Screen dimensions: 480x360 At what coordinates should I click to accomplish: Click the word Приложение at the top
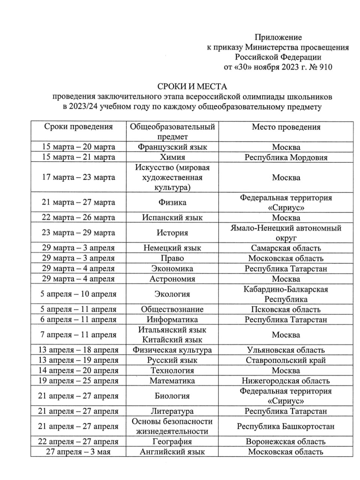pos(278,37)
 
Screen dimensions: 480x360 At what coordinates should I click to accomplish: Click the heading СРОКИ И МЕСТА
pos(192,87)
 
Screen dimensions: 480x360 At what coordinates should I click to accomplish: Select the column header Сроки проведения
pos(78,127)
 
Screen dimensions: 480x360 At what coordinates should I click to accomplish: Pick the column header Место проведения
pos(286,127)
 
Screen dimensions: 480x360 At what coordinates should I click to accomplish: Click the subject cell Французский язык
pos(172,147)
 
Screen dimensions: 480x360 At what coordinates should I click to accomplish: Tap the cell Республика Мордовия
pos(286,157)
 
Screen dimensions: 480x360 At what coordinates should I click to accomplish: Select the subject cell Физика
pos(172,202)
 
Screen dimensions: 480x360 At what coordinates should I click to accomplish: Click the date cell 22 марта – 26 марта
pos(78,217)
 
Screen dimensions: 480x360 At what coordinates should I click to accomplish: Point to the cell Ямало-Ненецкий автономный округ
pos(286,233)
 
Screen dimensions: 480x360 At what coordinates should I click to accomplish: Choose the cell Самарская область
pos(286,248)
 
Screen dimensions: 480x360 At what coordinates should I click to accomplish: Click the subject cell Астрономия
pos(172,279)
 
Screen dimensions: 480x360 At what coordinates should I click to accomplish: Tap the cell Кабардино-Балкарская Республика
pos(286,294)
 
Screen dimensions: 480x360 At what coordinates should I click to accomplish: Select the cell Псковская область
pos(286,310)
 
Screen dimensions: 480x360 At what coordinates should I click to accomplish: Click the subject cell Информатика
pos(172,320)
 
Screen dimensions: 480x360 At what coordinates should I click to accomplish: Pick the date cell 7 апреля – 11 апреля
pos(78,335)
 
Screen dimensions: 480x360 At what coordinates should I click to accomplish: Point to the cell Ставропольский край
pos(286,360)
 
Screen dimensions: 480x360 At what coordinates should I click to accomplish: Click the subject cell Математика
pos(172,381)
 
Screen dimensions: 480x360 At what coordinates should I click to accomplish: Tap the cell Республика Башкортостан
pos(286,426)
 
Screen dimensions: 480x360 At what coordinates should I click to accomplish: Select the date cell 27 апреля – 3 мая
pos(78,452)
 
